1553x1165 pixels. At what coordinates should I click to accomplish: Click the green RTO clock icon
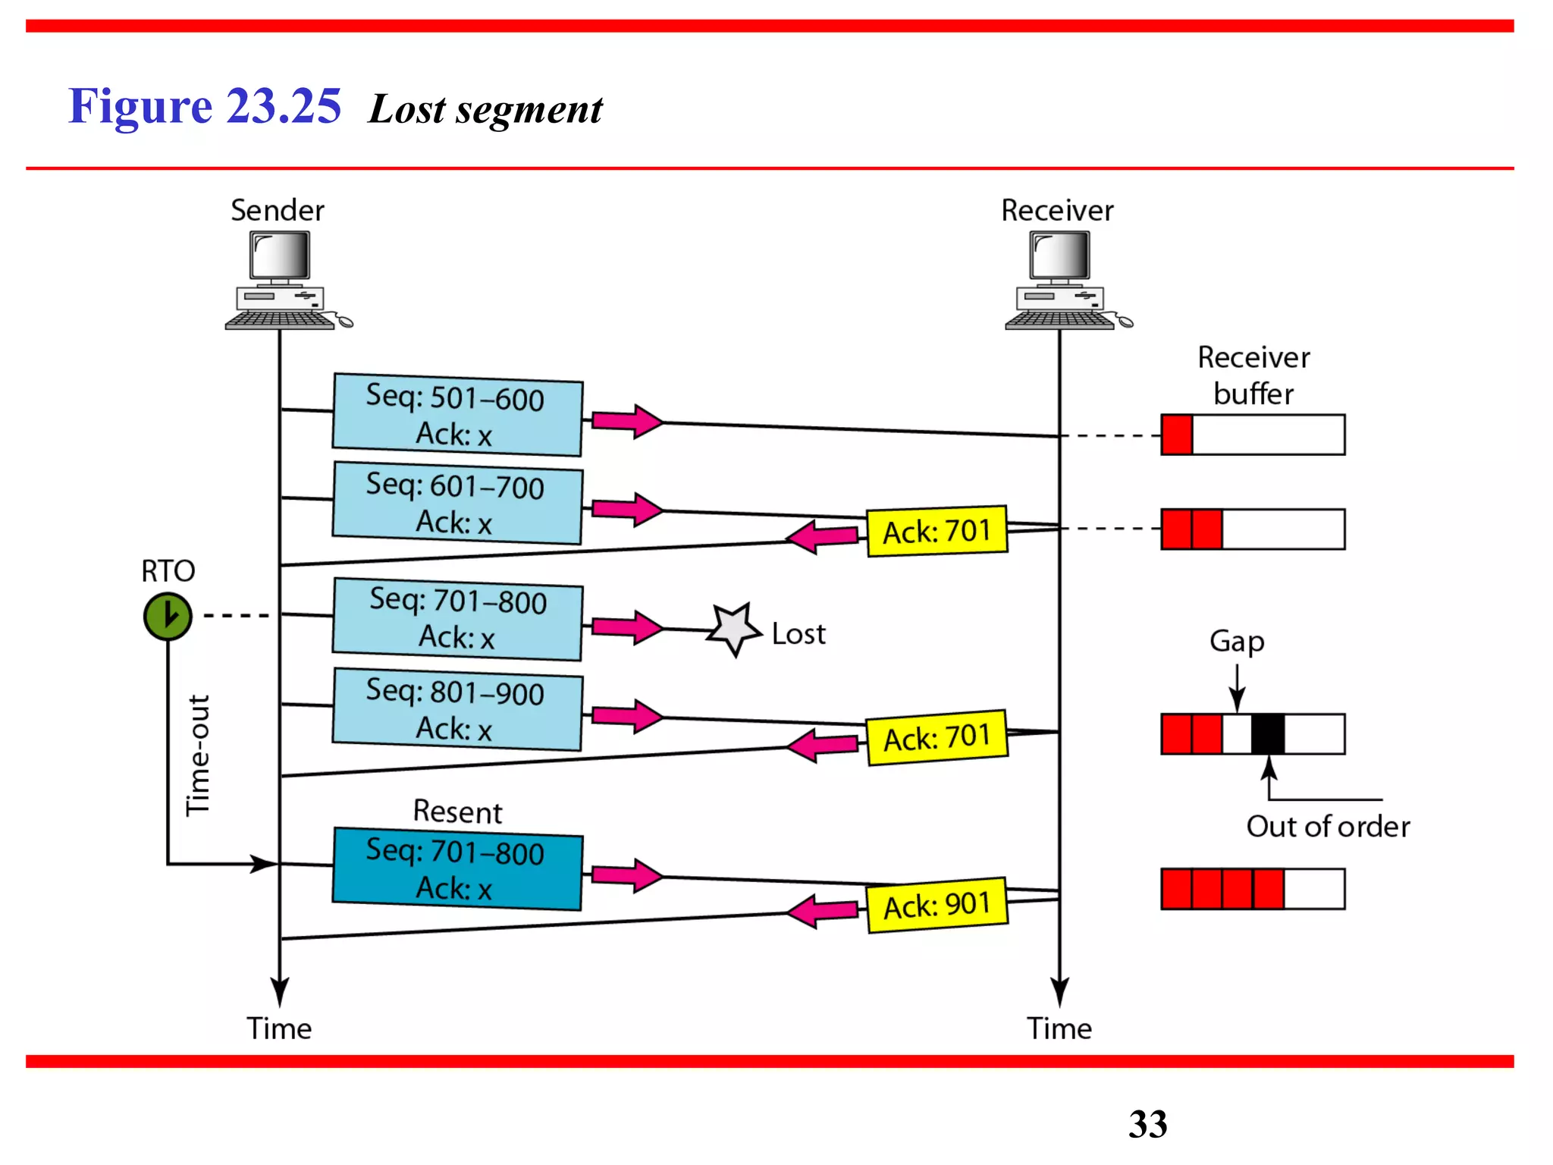point(168,616)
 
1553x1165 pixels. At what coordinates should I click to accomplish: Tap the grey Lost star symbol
point(733,630)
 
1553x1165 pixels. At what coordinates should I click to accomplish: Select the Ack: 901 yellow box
point(937,905)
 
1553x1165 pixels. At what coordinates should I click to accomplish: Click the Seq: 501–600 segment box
point(457,415)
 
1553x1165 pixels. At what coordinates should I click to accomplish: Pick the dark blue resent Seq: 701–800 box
point(457,868)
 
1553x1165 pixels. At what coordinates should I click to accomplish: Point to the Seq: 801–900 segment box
point(457,709)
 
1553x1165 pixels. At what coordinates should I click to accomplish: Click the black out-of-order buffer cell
point(1268,733)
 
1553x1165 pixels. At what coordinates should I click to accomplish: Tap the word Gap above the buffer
point(1237,642)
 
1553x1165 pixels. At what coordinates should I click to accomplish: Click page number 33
point(1147,1123)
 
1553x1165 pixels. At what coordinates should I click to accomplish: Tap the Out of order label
point(1328,826)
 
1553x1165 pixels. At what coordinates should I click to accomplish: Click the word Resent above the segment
point(457,812)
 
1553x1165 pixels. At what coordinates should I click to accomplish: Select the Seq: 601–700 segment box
point(457,503)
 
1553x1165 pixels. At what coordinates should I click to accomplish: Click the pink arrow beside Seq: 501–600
point(627,421)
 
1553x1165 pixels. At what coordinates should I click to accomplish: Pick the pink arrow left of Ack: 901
point(822,910)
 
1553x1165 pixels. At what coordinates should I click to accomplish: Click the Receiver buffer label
point(1253,375)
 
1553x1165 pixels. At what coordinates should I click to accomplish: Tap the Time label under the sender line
point(279,1028)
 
